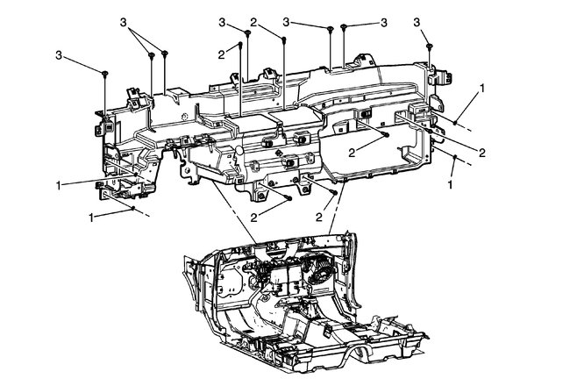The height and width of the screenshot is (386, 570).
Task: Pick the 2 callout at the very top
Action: [x=253, y=20]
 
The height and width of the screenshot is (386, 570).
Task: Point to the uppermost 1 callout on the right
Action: [x=481, y=89]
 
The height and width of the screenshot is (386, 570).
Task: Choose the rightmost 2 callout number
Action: [x=481, y=151]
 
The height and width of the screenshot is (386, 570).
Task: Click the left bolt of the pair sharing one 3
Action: [x=152, y=54]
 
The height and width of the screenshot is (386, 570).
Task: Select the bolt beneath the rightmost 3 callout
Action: [x=429, y=46]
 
